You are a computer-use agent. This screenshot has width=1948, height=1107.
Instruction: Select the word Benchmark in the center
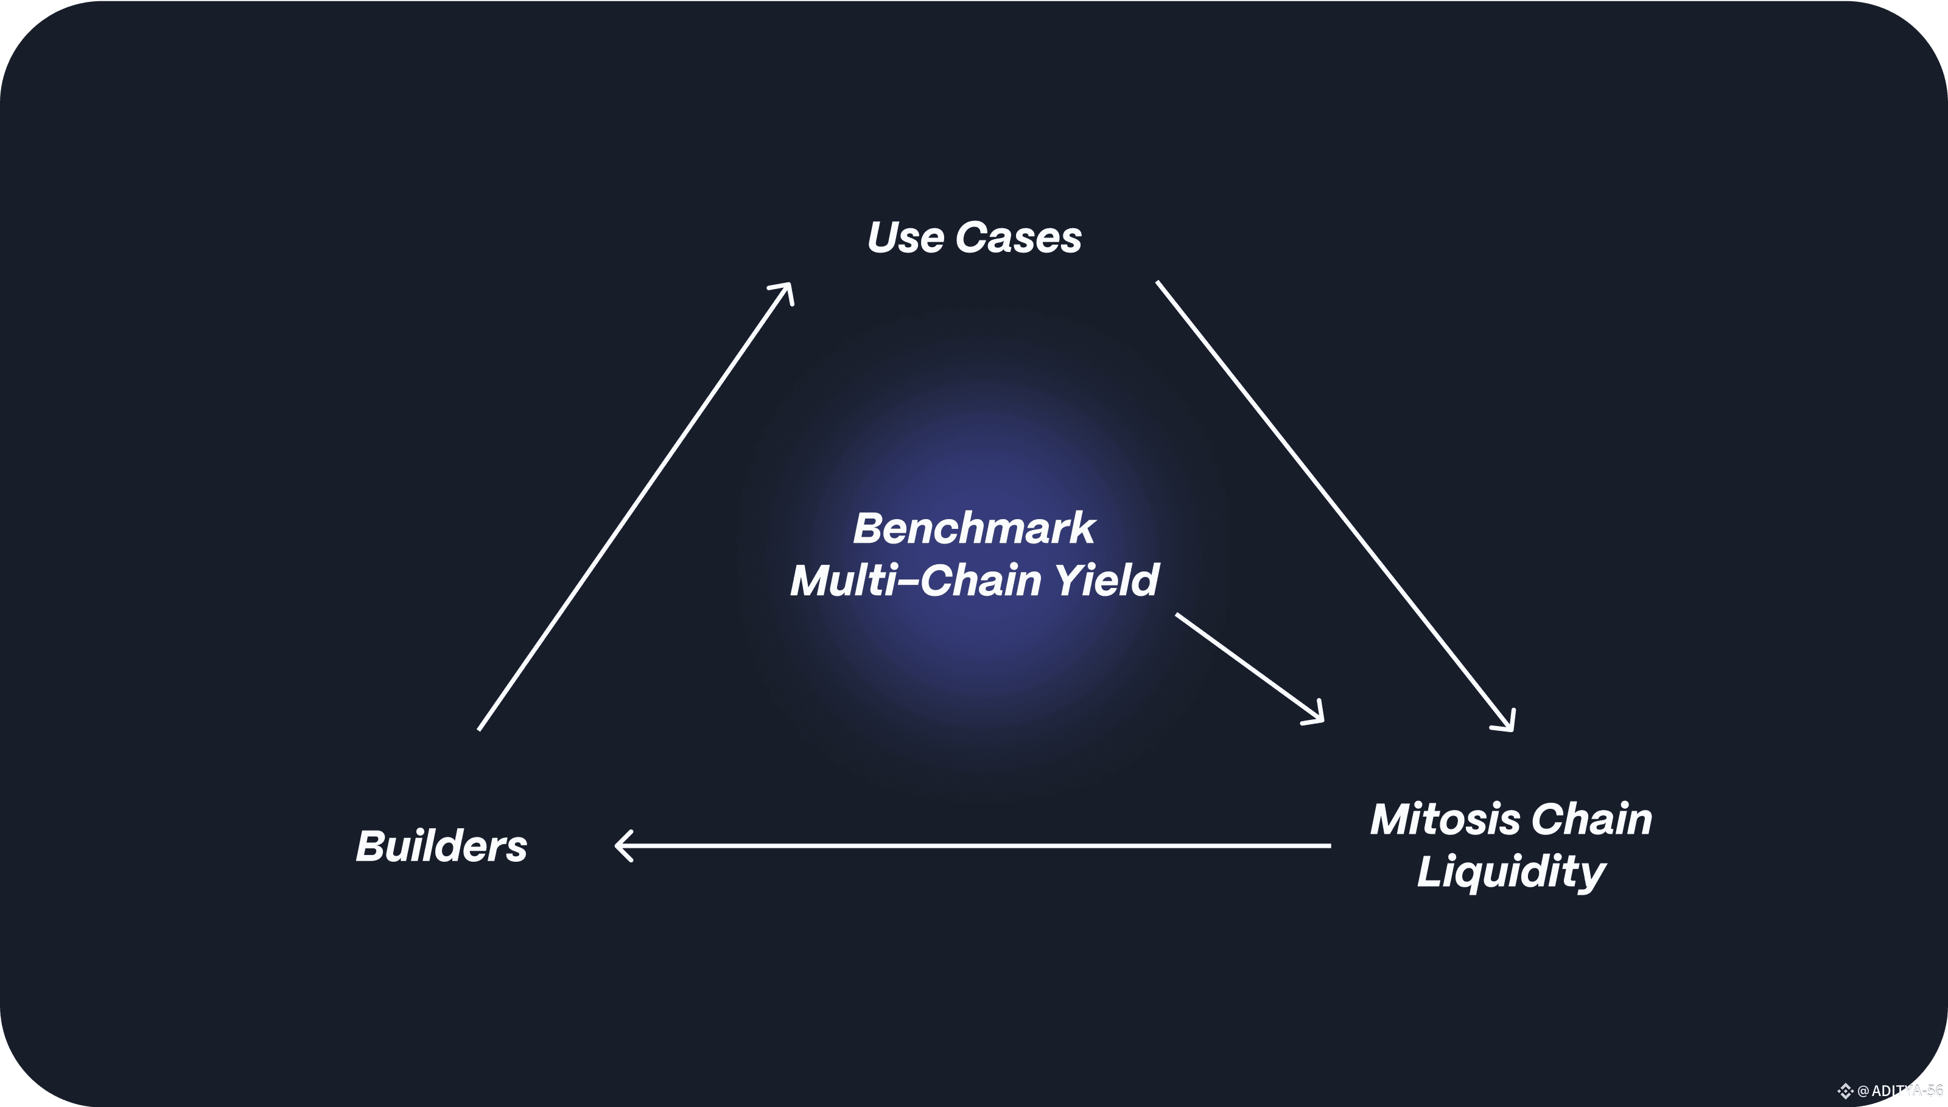click(x=973, y=528)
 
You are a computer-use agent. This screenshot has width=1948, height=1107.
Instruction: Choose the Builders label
click(x=441, y=846)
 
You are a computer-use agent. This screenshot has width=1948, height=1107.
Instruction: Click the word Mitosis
click(x=1445, y=820)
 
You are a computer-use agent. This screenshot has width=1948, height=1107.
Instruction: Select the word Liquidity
click(x=1511, y=871)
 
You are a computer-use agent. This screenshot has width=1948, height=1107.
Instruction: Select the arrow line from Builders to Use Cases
click(x=635, y=506)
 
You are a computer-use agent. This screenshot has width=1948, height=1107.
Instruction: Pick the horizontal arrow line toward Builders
click(x=973, y=845)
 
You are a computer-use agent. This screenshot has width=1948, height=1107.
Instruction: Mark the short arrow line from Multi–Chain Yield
click(x=1247, y=665)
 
